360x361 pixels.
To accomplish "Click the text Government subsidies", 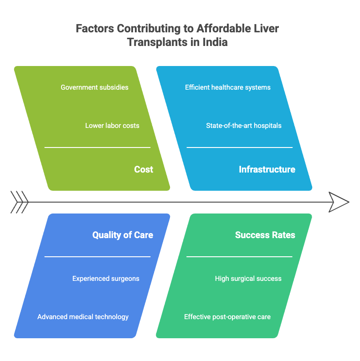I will (94, 87).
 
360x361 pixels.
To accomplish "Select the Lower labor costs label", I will (112, 125).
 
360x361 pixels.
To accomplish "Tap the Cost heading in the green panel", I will (144, 169).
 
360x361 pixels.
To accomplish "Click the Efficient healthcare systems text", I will (228, 87).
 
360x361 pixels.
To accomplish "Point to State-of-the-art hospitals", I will (244, 125).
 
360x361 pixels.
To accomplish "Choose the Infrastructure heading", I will (267, 169).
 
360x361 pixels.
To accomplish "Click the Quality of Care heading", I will (123, 235).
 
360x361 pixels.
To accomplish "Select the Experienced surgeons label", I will (106, 278).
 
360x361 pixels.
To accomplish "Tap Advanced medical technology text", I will (83, 316).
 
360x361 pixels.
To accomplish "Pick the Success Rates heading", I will (265, 235).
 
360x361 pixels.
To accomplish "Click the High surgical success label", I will (248, 278).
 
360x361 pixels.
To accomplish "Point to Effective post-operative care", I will (227, 316).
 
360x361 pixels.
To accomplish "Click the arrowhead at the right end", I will (339, 202).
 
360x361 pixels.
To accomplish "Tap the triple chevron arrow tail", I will (20, 202).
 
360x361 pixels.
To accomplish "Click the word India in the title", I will (215, 42).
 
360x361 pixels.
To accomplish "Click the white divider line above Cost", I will (97, 147).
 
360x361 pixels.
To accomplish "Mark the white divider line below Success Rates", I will (239, 257).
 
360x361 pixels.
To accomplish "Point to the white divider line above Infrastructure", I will (239, 147).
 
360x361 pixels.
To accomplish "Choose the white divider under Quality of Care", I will (97, 257).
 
